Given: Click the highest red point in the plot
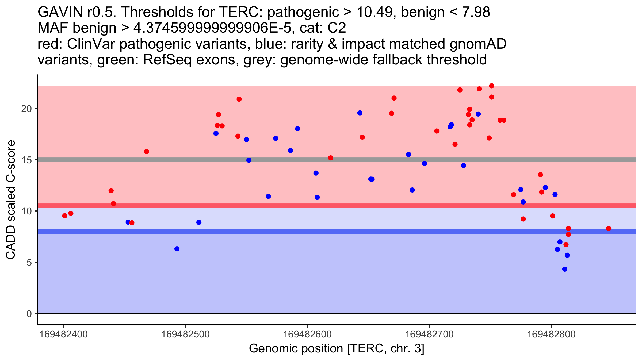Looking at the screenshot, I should point(491,86).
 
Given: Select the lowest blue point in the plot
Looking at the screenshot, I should point(565,269).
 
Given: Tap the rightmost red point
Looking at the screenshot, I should point(609,228).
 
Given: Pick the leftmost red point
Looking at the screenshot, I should point(65,216).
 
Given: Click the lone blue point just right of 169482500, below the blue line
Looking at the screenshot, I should point(177,249).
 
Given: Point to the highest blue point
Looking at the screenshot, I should point(360,113).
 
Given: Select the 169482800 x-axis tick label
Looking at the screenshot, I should point(551,334).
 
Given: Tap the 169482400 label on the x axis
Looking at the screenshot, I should point(63,334).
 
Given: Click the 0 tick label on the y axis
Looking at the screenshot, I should point(29,314).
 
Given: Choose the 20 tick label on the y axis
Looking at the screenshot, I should point(26,109).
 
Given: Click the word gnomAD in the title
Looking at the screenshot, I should point(478,44).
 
